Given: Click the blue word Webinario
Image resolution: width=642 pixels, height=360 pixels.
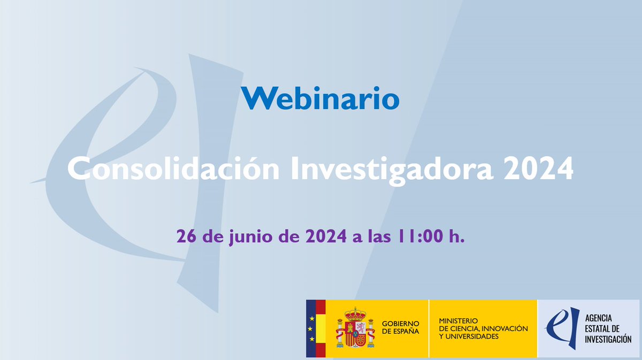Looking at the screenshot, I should click(320, 98).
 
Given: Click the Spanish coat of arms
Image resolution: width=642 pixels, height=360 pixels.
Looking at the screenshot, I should click(355, 328).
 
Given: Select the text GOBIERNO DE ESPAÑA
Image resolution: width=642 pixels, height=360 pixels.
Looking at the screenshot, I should click(401, 327).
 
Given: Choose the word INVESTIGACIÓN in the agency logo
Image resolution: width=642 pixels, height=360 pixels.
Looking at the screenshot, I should click(608, 339).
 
